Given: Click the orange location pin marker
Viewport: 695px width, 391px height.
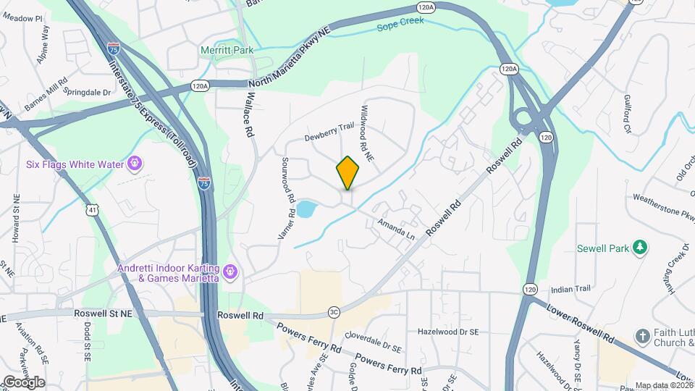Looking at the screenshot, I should (347, 172).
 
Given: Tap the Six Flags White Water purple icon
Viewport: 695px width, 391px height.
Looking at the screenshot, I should (134, 164).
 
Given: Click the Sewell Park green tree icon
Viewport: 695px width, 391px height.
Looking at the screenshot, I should (639, 248).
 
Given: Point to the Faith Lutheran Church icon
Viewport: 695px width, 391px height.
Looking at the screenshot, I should (642, 337).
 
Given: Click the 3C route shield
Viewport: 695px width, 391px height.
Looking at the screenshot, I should (334, 312).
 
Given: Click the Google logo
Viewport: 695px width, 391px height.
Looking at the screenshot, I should (23, 382).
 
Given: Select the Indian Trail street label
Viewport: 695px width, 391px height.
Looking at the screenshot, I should (571, 289).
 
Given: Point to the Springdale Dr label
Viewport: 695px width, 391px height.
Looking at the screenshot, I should (88, 93).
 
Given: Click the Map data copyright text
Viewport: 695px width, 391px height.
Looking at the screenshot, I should (663, 385).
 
